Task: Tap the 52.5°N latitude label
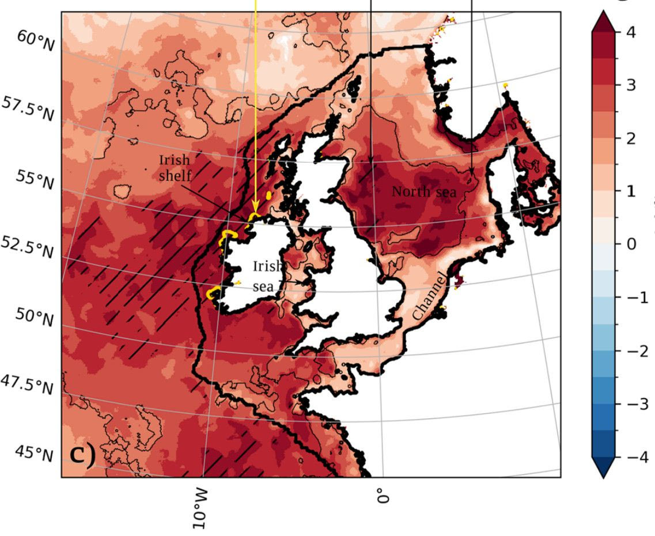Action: pos(26,248)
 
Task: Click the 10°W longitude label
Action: pos(200,509)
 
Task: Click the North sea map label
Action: pos(423,192)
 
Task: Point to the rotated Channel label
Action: pos(426,295)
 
